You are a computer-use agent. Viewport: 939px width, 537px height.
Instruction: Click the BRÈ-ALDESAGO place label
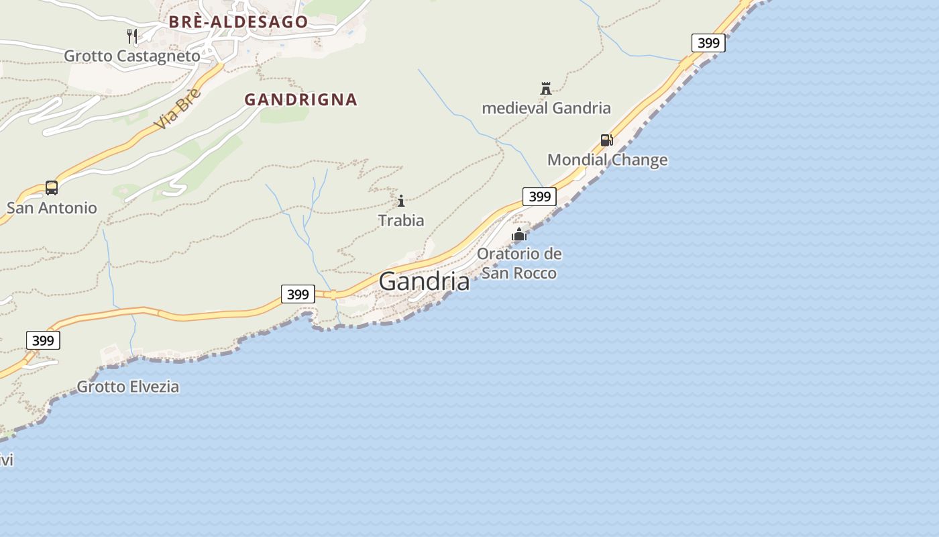(x=238, y=21)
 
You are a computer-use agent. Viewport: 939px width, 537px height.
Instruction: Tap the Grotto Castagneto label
(x=132, y=56)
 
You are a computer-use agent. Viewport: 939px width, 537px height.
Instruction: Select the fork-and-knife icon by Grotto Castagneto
(x=132, y=36)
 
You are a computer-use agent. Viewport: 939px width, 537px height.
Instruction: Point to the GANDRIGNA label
(x=300, y=100)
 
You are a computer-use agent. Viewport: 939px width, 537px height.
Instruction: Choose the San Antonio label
(x=52, y=208)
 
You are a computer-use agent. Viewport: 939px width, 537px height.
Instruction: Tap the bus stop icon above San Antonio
(x=52, y=187)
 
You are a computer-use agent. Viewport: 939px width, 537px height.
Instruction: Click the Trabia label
(x=401, y=220)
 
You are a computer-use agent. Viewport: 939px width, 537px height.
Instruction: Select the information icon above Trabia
(x=401, y=201)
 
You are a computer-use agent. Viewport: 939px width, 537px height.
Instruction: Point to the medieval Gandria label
(x=546, y=108)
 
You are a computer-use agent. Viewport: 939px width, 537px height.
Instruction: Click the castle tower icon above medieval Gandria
(x=545, y=88)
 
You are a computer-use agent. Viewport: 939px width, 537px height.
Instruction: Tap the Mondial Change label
(x=607, y=160)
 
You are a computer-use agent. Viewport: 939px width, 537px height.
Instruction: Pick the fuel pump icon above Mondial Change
(x=606, y=140)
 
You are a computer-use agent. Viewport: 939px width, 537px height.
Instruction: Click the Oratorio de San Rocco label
(x=519, y=263)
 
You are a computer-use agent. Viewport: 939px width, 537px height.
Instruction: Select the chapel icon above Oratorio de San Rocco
(x=519, y=234)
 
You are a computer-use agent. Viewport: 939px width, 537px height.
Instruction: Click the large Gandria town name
(x=424, y=281)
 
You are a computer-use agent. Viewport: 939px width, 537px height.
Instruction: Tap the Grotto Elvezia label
(x=128, y=387)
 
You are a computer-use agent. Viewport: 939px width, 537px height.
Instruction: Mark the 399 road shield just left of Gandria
(x=298, y=294)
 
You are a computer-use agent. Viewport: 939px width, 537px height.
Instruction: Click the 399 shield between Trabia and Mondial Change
(x=539, y=197)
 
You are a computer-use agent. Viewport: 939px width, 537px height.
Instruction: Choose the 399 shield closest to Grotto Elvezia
(x=43, y=340)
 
